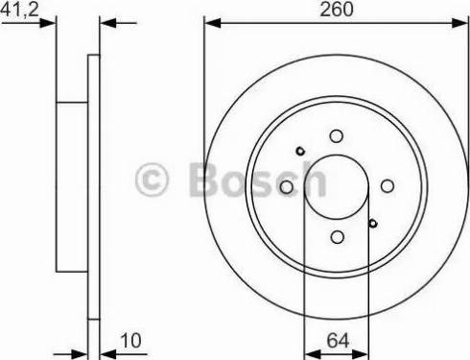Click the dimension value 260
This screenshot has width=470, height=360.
pyautogui.click(x=337, y=10)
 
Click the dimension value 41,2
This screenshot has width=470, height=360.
pyautogui.click(x=19, y=10)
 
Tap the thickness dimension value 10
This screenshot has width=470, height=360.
pyautogui.click(x=131, y=341)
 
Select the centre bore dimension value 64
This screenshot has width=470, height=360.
pyautogui.click(x=338, y=341)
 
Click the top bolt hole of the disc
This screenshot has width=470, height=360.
pyautogui.click(x=336, y=136)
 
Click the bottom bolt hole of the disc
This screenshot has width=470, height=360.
pyautogui.click(x=338, y=237)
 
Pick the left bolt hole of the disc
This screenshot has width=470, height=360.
pyautogui.click(x=286, y=187)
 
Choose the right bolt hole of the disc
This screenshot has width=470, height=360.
pyautogui.click(x=388, y=186)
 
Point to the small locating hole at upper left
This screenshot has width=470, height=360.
pyautogui.click(x=300, y=151)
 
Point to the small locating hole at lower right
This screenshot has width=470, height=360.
pyautogui.click(x=373, y=223)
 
